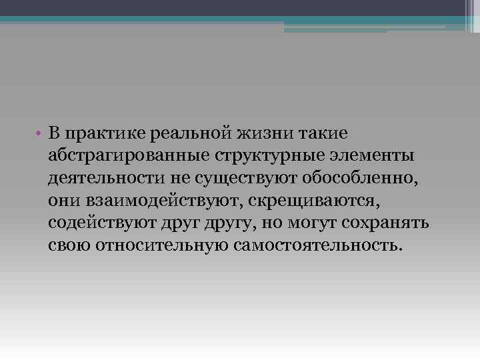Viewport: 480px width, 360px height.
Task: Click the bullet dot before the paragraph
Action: tap(40, 133)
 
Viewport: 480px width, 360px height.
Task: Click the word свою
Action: tap(69, 245)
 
